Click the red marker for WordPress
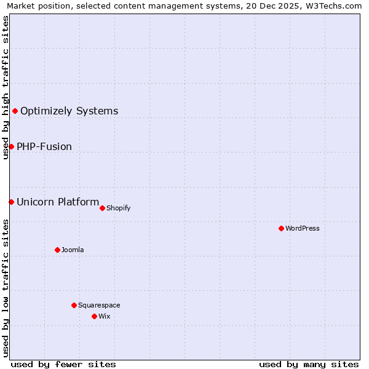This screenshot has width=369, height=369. tap(281, 228)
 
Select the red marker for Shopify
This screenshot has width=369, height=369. tap(102, 208)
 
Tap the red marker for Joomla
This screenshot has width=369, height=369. tap(57, 250)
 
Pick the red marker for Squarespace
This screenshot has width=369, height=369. tap(74, 305)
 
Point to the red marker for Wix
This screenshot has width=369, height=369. tap(94, 316)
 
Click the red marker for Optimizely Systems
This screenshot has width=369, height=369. tap(15, 111)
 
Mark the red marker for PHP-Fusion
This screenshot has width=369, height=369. tap(11, 146)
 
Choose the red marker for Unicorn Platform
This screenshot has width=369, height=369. tap(11, 202)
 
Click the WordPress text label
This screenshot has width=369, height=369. tap(303, 228)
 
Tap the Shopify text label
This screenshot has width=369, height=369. tap(118, 208)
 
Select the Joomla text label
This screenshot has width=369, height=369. tap(73, 250)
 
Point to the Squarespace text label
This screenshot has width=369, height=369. tap(99, 305)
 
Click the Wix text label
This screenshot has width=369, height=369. tap(104, 316)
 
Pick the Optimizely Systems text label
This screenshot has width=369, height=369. tap(69, 111)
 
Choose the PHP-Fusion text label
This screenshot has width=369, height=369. tap(44, 147)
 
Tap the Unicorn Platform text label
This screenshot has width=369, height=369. tap(58, 202)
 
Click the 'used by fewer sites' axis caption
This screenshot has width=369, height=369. tap(63, 364)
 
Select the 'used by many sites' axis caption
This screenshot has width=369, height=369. tap(309, 364)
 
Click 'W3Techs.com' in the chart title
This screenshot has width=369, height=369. tap(335, 6)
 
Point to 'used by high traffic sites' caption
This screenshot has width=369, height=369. tap(6, 87)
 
